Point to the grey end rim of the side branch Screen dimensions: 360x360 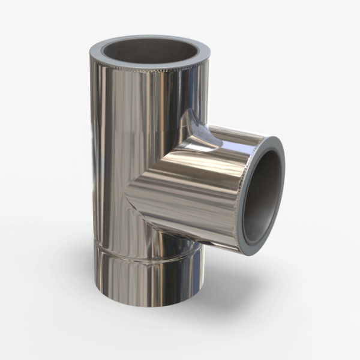pyautogui.click(x=280, y=150)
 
